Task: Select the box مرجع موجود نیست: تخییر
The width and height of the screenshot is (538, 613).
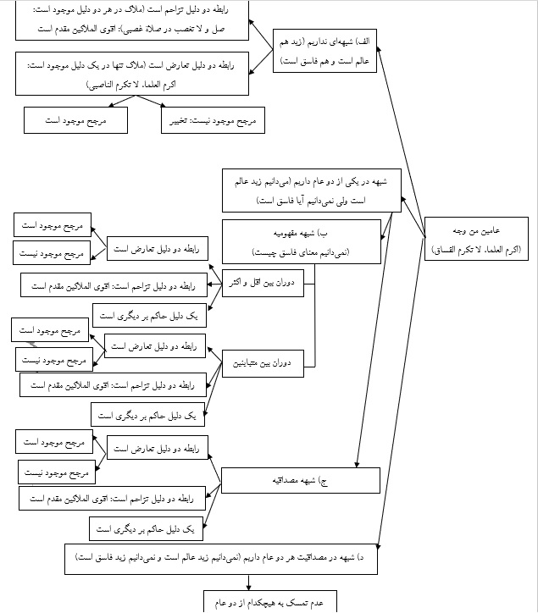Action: click(x=213, y=122)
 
